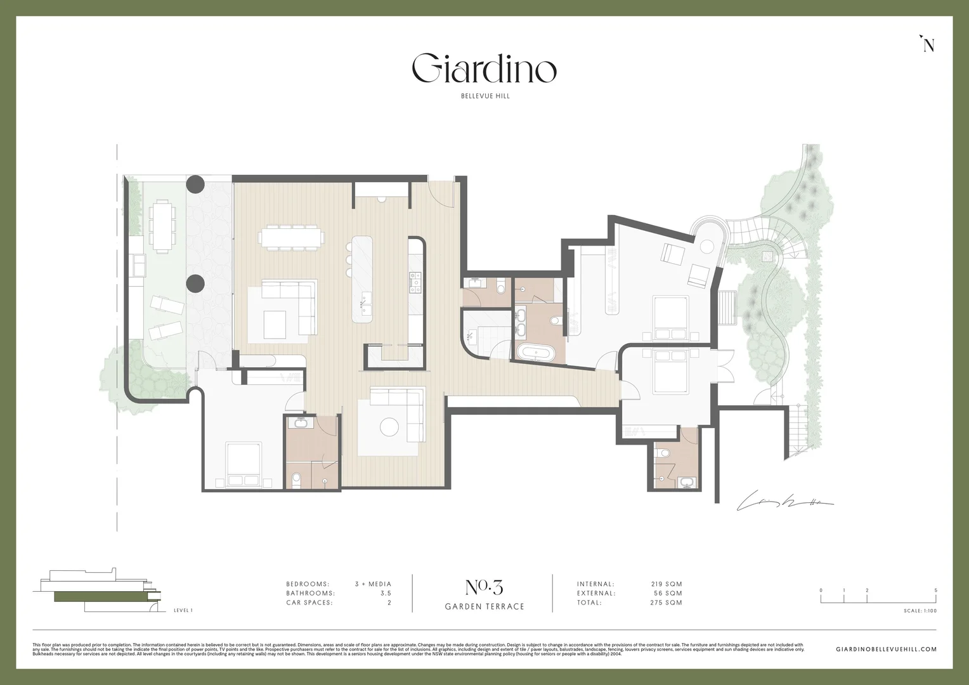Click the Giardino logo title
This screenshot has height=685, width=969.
(x=484, y=69)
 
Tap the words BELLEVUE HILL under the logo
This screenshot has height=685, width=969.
(x=484, y=96)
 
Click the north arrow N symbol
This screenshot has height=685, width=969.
(x=928, y=44)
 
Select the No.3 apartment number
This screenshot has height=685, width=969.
(x=484, y=587)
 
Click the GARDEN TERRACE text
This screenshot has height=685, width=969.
(x=484, y=607)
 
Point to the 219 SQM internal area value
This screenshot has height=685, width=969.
(x=666, y=584)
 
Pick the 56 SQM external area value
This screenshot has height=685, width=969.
(x=668, y=594)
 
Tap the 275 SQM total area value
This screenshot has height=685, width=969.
(x=666, y=603)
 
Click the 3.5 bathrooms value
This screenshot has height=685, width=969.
(x=385, y=594)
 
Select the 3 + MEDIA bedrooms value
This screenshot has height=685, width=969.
(x=373, y=584)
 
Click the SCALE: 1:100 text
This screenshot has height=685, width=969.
(x=920, y=611)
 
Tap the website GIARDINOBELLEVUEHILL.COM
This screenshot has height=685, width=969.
(x=886, y=649)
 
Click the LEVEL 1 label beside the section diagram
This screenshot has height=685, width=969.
(x=183, y=611)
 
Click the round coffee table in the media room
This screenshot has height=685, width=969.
(x=389, y=427)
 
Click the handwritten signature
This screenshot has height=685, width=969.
(x=783, y=502)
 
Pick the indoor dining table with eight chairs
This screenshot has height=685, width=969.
(x=291, y=238)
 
